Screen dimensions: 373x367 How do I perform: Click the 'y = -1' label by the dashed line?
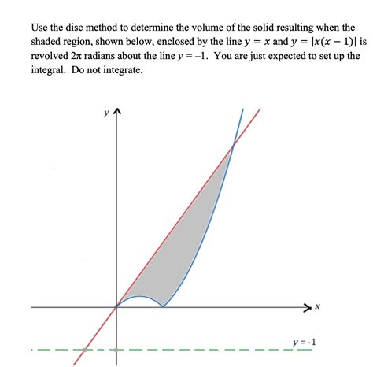(x=303, y=342)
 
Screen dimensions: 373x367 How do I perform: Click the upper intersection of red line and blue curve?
(x=233, y=143)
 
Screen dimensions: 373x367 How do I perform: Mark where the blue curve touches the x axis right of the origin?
(x=163, y=306)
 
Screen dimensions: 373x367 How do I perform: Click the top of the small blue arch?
(x=140, y=296)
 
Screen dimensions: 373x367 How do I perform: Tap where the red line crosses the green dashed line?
(x=84, y=350)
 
